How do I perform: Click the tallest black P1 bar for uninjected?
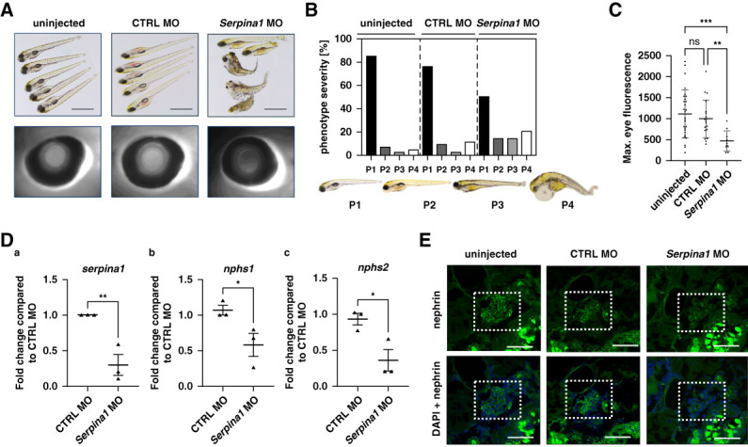pyautogui.click(x=371, y=105)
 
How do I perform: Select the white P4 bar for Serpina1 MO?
pyautogui.click(x=526, y=143)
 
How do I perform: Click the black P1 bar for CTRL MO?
pyautogui.click(x=427, y=111)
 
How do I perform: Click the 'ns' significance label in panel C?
pyautogui.click(x=694, y=41)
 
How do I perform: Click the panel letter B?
pyautogui.click(x=310, y=9)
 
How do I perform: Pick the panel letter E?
pyautogui.click(x=425, y=240)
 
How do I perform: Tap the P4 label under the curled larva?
pyautogui.click(x=567, y=205)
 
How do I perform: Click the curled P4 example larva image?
pyautogui.click(x=562, y=185)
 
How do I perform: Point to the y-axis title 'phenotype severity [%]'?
pyautogui.click(x=326, y=97)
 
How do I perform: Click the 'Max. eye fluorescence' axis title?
pyautogui.click(x=627, y=108)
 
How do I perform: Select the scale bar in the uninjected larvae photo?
pyautogui.click(x=83, y=109)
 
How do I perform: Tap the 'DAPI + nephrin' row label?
pyautogui.click(x=436, y=398)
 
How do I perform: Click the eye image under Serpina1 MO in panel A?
pyautogui.click(x=250, y=162)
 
